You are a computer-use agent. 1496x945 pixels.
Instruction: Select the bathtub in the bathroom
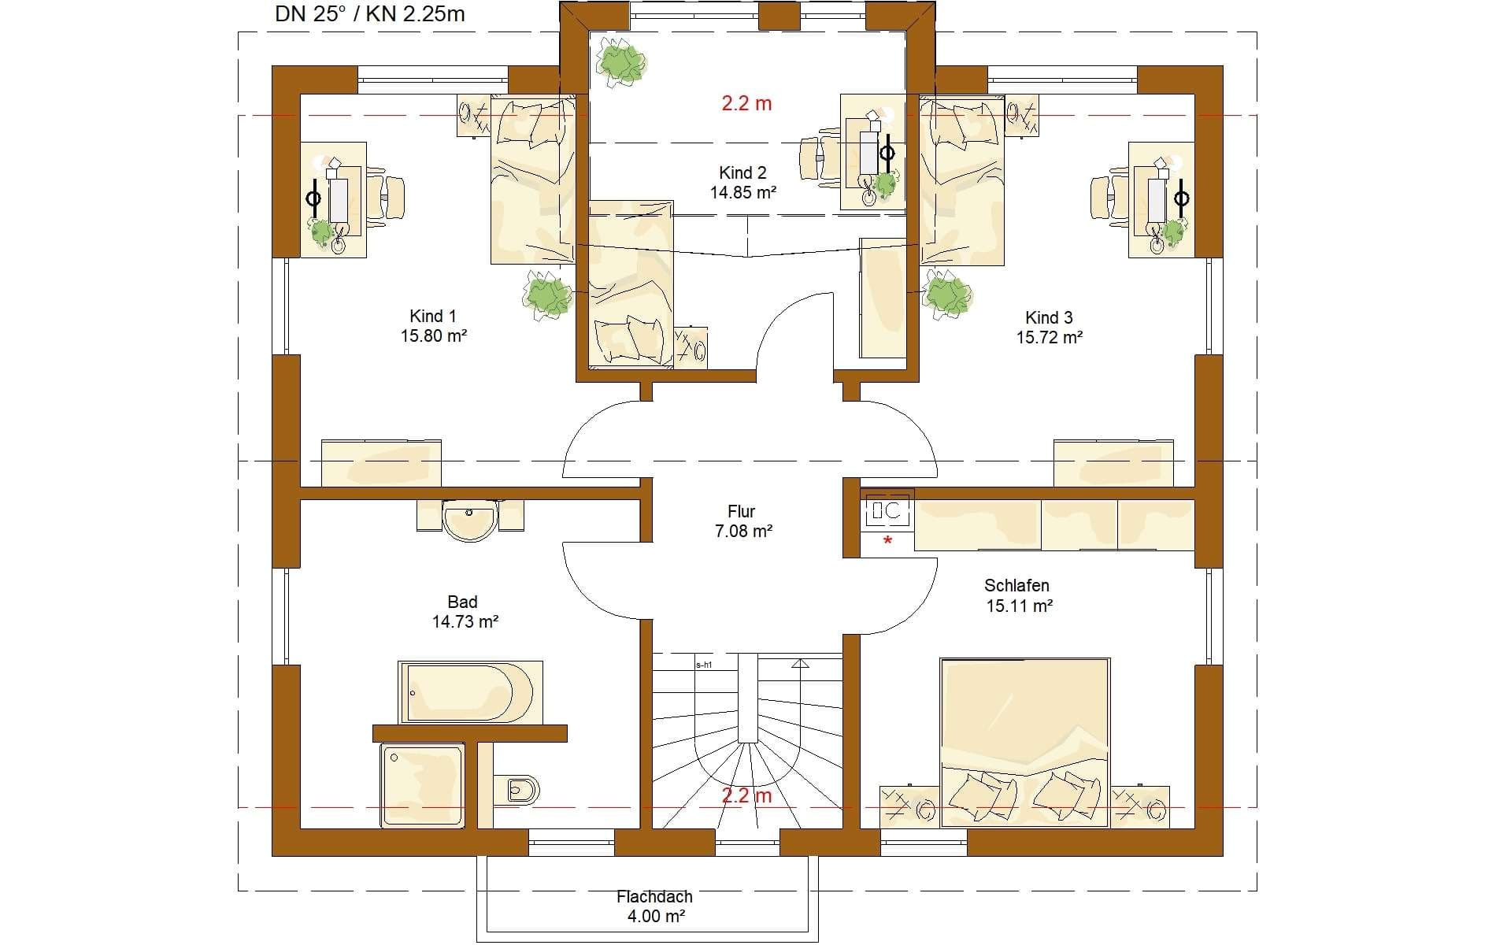(471, 692)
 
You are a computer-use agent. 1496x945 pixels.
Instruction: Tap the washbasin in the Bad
(470, 520)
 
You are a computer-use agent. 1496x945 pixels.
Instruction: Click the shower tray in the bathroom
(423, 785)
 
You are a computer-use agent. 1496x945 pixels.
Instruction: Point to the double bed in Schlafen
(1024, 743)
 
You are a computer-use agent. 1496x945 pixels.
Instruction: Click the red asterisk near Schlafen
(888, 540)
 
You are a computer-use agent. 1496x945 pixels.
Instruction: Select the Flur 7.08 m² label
(742, 521)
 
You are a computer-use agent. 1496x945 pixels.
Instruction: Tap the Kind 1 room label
(433, 326)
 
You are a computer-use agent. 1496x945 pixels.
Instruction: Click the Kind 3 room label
(1049, 328)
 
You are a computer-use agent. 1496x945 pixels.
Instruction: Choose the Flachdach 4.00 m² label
(654, 906)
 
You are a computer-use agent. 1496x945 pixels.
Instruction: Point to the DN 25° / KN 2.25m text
(370, 13)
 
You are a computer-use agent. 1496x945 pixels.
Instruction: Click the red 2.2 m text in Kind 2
(746, 103)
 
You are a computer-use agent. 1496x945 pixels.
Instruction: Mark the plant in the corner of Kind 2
(621, 61)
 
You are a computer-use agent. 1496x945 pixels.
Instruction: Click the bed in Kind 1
(533, 179)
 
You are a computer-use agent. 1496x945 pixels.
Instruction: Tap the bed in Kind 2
(631, 283)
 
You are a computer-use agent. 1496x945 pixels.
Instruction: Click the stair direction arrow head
(801, 664)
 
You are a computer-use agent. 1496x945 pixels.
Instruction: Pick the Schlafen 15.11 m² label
(1017, 595)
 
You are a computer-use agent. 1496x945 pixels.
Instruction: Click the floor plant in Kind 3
(948, 295)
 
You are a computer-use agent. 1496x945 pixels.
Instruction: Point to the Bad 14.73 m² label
(465, 612)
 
